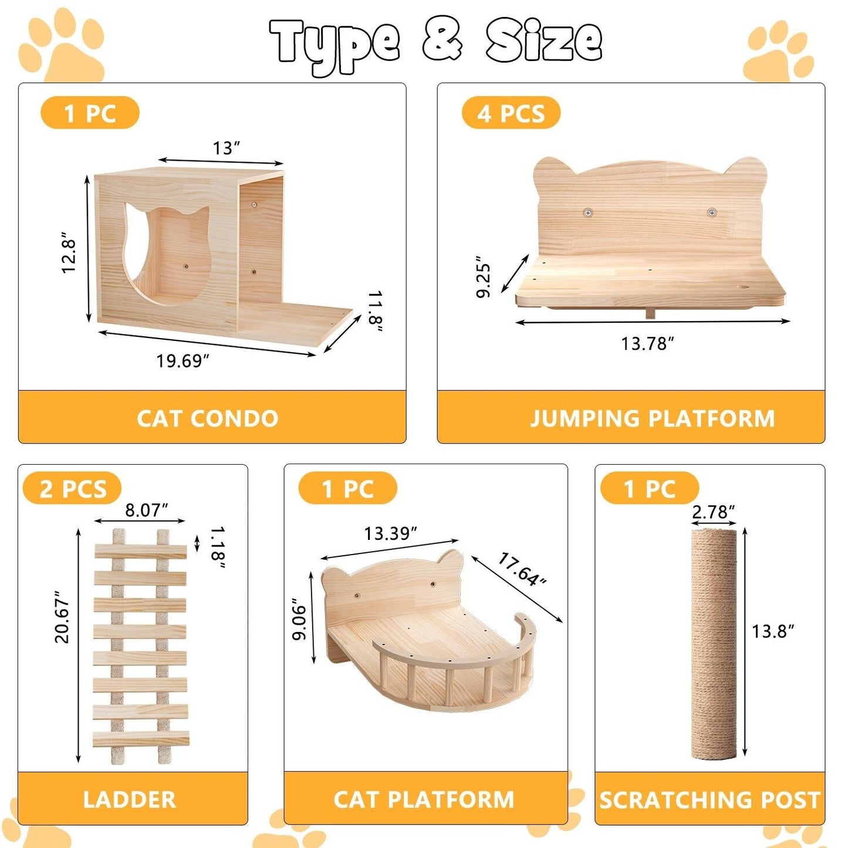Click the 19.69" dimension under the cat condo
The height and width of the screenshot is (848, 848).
[183, 360]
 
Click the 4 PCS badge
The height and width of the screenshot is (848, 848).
[511, 113]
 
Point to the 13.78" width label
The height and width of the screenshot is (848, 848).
[647, 343]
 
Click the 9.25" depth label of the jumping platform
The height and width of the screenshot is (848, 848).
[483, 277]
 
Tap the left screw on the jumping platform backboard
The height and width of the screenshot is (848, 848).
[587, 212]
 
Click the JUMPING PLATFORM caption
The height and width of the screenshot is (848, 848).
[652, 418]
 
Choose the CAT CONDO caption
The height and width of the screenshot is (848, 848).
[207, 418]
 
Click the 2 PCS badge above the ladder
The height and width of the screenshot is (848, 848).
[72, 488]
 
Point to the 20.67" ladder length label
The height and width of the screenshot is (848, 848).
[62, 617]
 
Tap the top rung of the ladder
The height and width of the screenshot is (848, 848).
[141, 552]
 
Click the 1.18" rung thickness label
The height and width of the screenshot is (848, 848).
[217, 548]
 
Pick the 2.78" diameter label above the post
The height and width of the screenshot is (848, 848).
[713, 512]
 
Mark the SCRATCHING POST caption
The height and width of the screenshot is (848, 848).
[710, 800]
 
